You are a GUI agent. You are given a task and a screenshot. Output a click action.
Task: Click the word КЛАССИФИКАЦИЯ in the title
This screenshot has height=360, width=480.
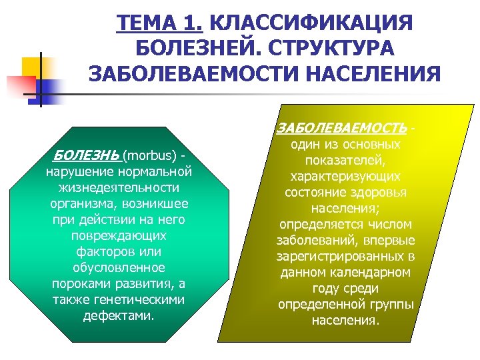pyautogui.click(x=311, y=23)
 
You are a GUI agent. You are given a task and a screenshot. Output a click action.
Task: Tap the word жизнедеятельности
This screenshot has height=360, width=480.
pyautogui.click(x=119, y=187)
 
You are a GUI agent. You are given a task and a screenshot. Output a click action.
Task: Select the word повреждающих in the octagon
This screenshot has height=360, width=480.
pyautogui.click(x=119, y=235)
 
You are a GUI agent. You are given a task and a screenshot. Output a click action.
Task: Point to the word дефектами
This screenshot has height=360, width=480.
pyautogui.click(x=119, y=315)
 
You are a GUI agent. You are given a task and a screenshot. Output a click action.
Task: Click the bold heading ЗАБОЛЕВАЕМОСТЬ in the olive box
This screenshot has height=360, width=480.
pyautogui.click(x=341, y=127)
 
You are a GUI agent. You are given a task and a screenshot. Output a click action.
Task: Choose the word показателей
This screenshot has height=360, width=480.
pyautogui.click(x=345, y=161)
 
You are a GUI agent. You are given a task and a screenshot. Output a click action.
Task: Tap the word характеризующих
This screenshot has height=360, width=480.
pyautogui.click(x=345, y=177)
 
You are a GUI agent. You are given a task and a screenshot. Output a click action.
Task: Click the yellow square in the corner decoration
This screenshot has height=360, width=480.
pyautogui.click(x=34, y=69)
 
